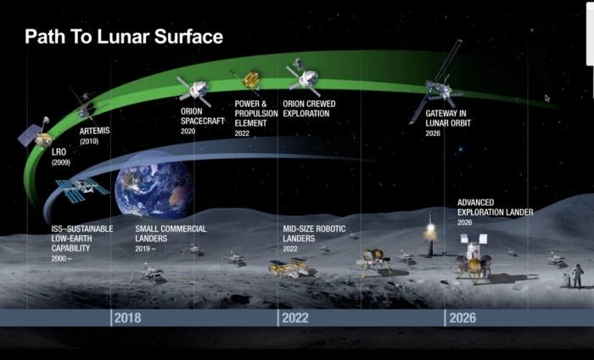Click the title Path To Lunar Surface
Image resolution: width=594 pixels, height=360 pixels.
(124, 37)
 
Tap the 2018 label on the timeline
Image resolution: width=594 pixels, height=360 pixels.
(127, 318)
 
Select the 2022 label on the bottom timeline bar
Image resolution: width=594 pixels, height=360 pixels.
(295, 318)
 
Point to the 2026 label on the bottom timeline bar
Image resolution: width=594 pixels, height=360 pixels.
(462, 318)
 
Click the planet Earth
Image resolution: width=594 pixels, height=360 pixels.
(154, 189)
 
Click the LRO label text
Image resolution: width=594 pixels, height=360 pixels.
(59, 152)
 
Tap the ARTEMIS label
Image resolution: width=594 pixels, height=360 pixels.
(94, 131)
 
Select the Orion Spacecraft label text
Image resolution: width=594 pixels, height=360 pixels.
(202, 116)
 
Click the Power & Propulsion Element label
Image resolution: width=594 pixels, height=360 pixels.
(256, 113)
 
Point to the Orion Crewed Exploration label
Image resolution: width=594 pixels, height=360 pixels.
(309, 109)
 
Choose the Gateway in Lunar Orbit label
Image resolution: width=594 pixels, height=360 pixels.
(448, 118)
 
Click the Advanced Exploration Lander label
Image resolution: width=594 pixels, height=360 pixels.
(495, 207)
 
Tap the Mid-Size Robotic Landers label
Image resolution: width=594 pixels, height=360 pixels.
(314, 233)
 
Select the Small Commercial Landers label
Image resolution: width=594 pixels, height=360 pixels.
(171, 233)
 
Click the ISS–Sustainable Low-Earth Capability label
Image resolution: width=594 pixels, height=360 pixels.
(82, 239)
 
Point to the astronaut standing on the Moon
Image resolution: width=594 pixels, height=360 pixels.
(577, 276)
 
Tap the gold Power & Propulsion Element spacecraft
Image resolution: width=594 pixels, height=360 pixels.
(251, 80)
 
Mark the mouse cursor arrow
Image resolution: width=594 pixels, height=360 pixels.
(547, 98)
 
